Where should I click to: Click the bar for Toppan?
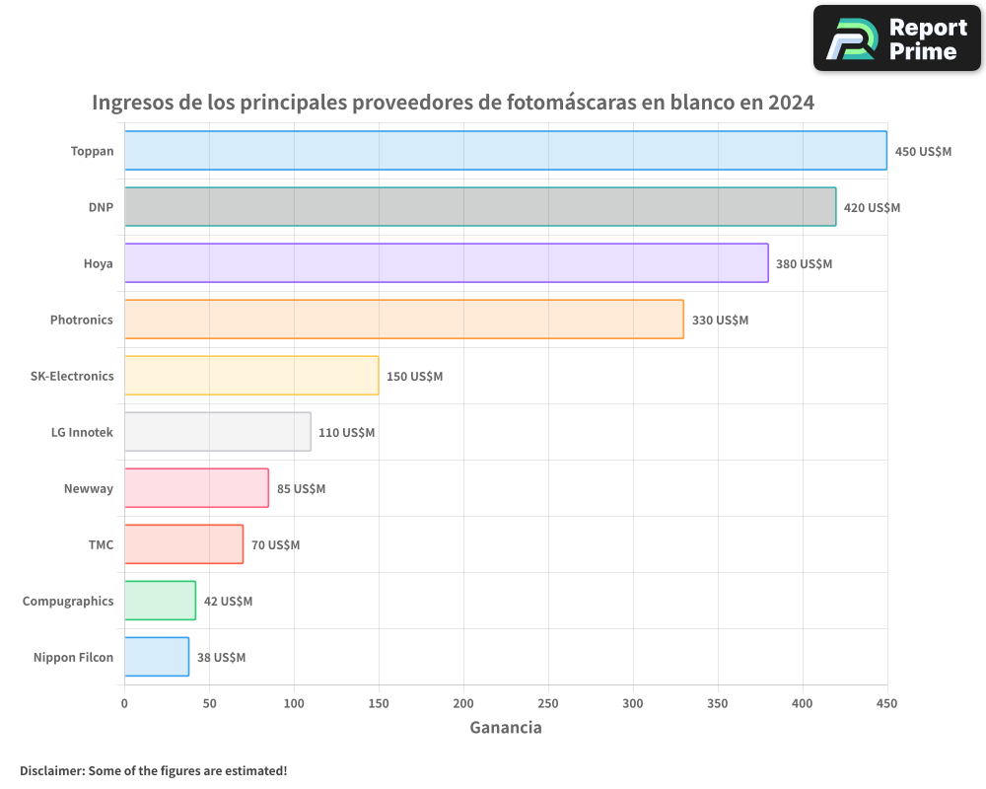click(505, 151)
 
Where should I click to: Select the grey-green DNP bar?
click(480, 207)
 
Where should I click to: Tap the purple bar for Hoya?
click(446, 263)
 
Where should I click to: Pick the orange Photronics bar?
click(403, 320)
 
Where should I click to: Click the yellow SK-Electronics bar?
click(251, 376)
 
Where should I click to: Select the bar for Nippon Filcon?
click(157, 657)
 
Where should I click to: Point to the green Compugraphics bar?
click(160, 601)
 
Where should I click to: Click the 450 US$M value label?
click(923, 152)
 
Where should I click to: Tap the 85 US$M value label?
click(301, 489)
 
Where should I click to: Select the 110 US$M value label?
click(346, 433)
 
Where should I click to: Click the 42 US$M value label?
click(228, 602)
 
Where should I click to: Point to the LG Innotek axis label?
click(82, 432)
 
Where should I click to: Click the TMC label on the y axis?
click(101, 544)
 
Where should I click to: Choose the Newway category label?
click(89, 488)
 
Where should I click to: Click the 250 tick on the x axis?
click(548, 703)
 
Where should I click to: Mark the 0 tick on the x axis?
click(124, 703)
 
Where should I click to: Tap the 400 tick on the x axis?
click(803, 703)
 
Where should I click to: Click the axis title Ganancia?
click(505, 728)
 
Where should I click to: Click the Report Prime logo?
click(897, 38)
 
